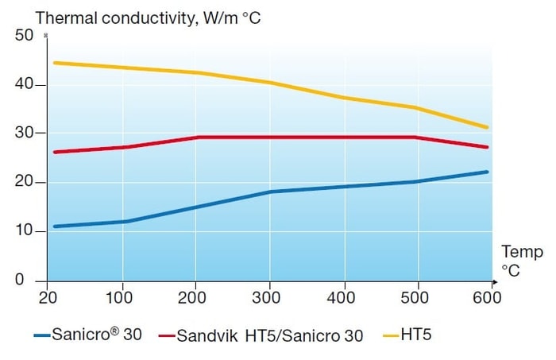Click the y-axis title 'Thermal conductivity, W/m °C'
[149, 17]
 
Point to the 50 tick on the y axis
[24, 36]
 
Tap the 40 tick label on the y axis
[24, 85]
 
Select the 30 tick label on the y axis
[24, 134]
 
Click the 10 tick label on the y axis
[24, 231]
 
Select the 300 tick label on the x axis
[270, 298]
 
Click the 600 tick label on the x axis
[486, 298]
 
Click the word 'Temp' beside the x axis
[522, 253]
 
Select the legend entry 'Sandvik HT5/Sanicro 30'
[261, 335]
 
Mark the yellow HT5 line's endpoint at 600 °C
[487, 127]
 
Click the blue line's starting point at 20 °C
[54, 226]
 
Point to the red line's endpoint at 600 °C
[487, 147]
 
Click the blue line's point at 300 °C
[270, 192]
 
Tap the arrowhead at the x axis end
[494, 281]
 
